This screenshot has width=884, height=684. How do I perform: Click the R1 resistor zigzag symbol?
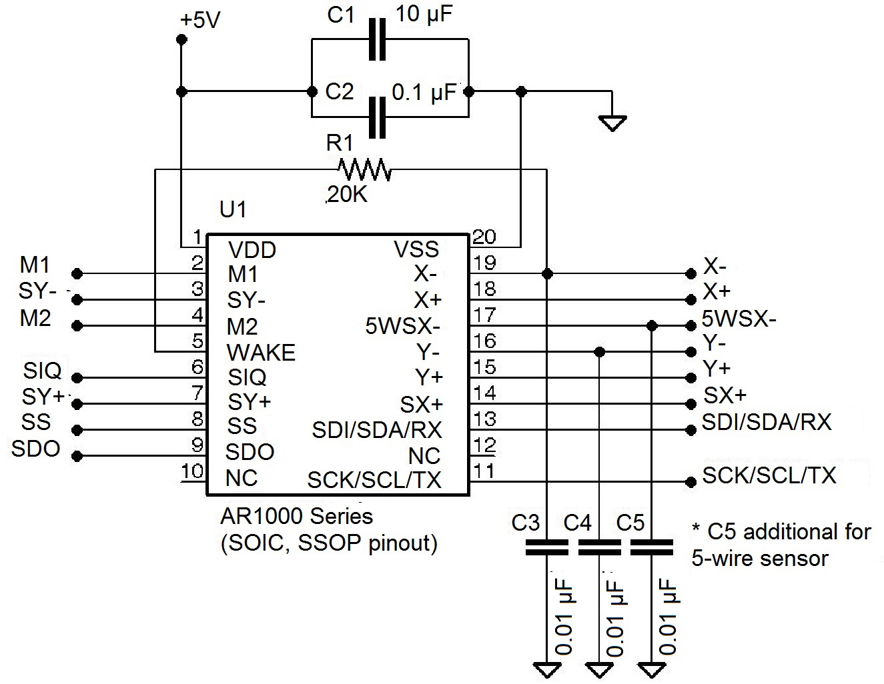click(x=364, y=171)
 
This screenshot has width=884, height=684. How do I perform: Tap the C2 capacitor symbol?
click(x=378, y=117)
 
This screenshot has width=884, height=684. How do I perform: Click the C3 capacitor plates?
click(x=547, y=547)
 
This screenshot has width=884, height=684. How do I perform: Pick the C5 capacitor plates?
click(x=651, y=547)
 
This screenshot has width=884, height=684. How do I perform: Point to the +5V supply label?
click(x=199, y=21)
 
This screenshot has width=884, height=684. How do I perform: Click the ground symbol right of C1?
click(x=612, y=123)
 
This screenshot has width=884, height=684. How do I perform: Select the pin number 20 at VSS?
click(x=484, y=237)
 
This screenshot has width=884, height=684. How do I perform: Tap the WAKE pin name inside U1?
click(x=261, y=353)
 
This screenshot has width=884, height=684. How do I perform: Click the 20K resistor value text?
click(x=346, y=194)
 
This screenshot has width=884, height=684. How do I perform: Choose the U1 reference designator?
click(x=233, y=210)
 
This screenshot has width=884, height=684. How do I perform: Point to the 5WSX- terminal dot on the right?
click(x=690, y=325)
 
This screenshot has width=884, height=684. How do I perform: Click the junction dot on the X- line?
click(x=547, y=273)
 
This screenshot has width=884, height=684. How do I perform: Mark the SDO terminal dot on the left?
click(x=77, y=456)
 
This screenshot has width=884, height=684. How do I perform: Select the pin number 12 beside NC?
click(x=485, y=445)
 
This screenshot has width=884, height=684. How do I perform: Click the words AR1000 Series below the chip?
click(x=296, y=517)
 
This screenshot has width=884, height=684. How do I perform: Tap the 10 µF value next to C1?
click(x=424, y=15)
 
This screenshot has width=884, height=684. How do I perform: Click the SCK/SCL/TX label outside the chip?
click(x=769, y=475)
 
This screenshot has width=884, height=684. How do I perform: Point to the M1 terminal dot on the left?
click(x=77, y=273)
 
